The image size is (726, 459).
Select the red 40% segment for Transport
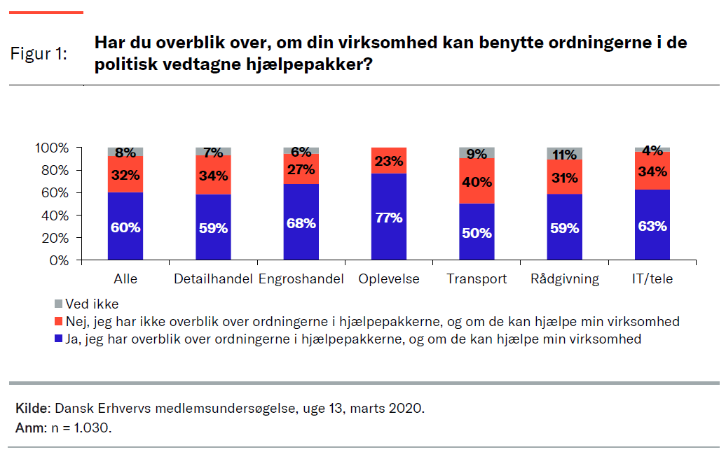pyautogui.click(x=477, y=181)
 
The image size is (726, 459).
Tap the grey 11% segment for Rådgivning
pyautogui.click(x=565, y=154)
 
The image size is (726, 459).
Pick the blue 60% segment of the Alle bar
pyautogui.click(x=125, y=226)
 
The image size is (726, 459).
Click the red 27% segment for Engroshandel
pyautogui.click(x=301, y=169)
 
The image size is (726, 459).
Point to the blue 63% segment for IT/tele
pyautogui.click(x=652, y=225)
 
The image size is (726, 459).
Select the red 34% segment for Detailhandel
pyautogui.click(x=213, y=175)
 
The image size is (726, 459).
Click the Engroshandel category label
pyautogui.click(x=301, y=279)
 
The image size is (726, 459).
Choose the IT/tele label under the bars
pyautogui.click(x=652, y=279)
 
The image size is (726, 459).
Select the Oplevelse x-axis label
pyautogui.click(x=389, y=279)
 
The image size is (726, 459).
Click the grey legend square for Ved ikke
pyautogui.click(x=58, y=304)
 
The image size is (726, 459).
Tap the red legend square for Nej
pyautogui.click(x=58, y=322)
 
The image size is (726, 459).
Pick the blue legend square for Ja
pyautogui.click(x=58, y=339)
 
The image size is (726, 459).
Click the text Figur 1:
pyautogui.click(x=39, y=55)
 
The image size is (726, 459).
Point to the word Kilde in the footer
pyautogui.click(x=32, y=408)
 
